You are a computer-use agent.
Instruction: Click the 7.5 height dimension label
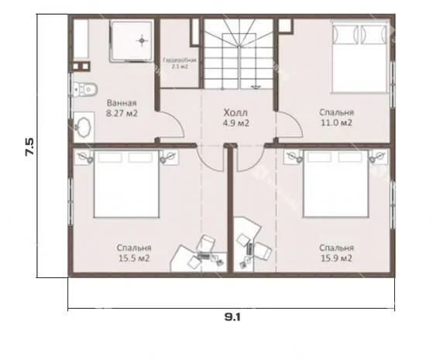(x=29, y=146)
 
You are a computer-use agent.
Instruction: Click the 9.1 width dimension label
(x=232, y=317)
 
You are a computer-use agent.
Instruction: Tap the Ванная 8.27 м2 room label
(x=122, y=108)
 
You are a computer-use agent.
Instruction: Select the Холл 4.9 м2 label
(x=235, y=118)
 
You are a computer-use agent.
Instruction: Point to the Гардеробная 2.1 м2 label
(x=180, y=63)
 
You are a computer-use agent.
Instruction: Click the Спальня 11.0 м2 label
(x=336, y=118)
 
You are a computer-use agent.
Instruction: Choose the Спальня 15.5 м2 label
(x=134, y=253)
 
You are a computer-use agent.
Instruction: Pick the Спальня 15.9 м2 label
(x=336, y=253)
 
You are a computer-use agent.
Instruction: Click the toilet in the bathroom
(x=84, y=89)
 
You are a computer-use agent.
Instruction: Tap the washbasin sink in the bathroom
(x=84, y=127)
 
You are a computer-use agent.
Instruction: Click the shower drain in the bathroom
(x=142, y=40)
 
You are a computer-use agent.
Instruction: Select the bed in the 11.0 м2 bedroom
(x=359, y=58)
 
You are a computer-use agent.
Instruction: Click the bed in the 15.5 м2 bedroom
(x=126, y=183)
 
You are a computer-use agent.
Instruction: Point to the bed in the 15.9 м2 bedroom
(x=336, y=183)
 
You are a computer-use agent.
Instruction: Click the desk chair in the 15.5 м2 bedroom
(x=205, y=242)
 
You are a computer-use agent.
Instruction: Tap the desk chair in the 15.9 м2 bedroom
(x=263, y=251)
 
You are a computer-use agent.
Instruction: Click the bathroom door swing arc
(x=177, y=120)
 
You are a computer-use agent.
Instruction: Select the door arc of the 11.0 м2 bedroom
(x=295, y=120)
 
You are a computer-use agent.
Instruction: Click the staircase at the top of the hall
(x=239, y=53)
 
